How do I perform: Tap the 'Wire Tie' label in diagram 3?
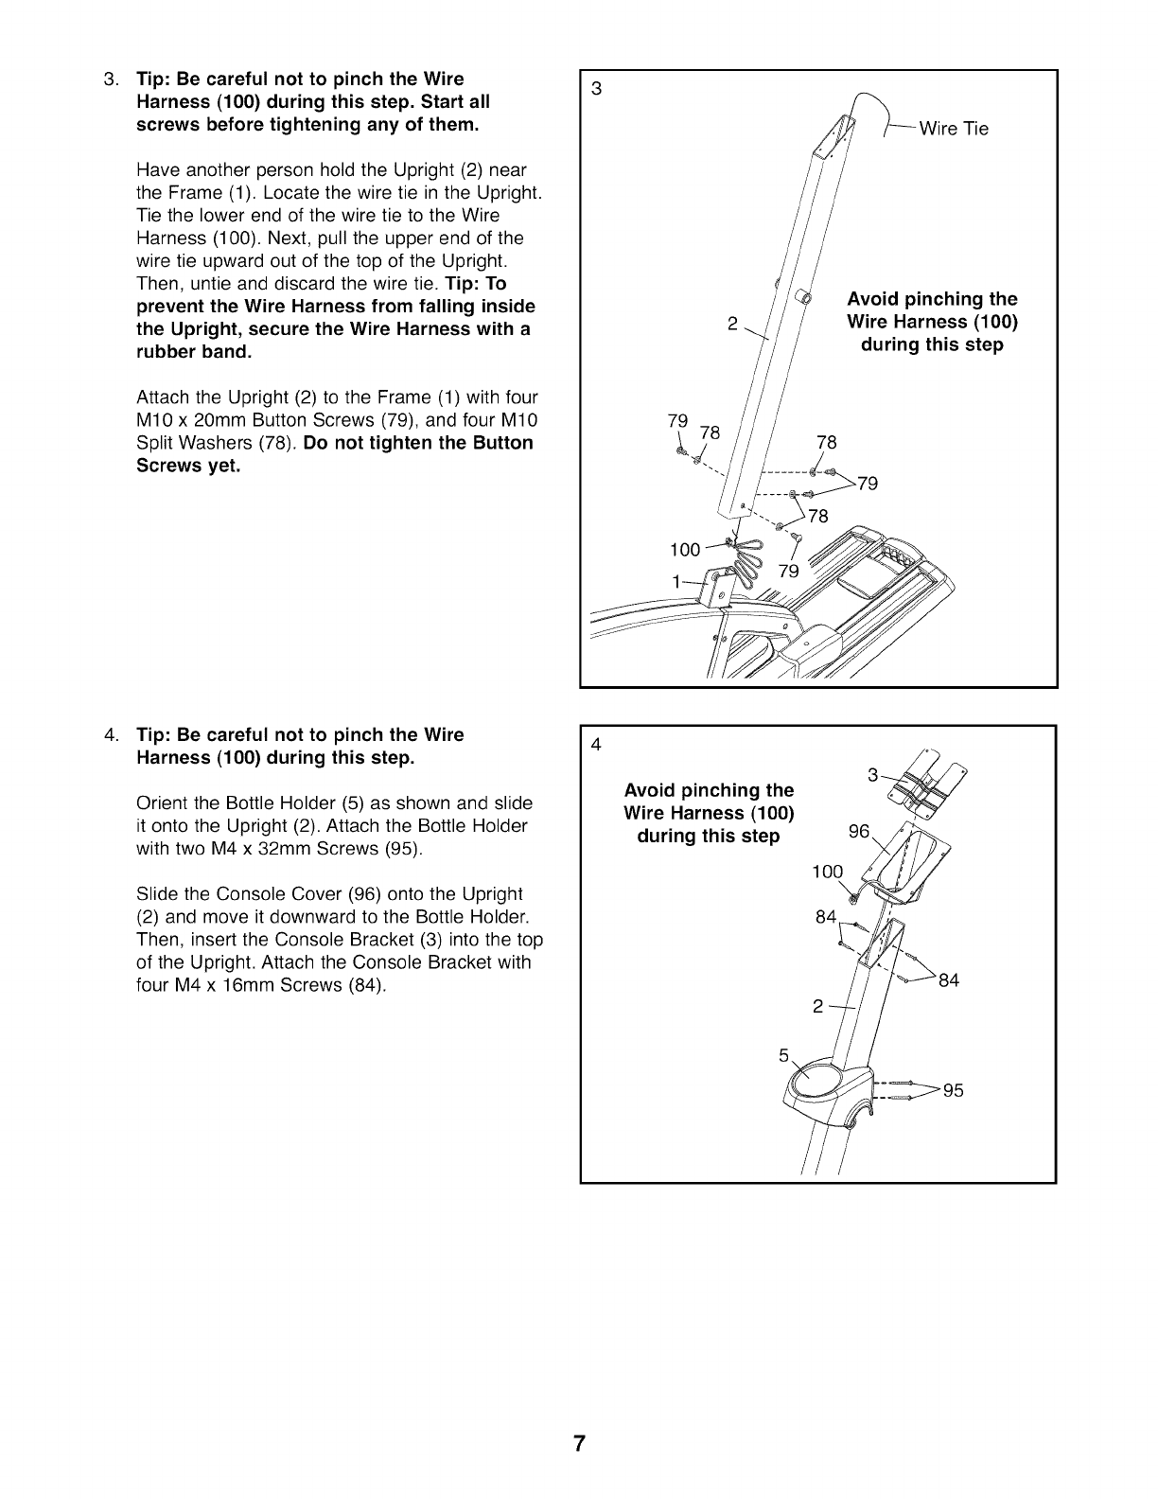coord(954,130)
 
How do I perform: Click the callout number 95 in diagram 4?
coord(953,1091)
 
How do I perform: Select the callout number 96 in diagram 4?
coord(859,832)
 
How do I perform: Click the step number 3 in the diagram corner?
coord(596,90)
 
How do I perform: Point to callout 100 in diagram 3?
coord(685,550)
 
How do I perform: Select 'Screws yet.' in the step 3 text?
coord(188,466)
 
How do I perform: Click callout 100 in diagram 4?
coord(827,872)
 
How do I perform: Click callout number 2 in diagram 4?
coord(818,1007)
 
